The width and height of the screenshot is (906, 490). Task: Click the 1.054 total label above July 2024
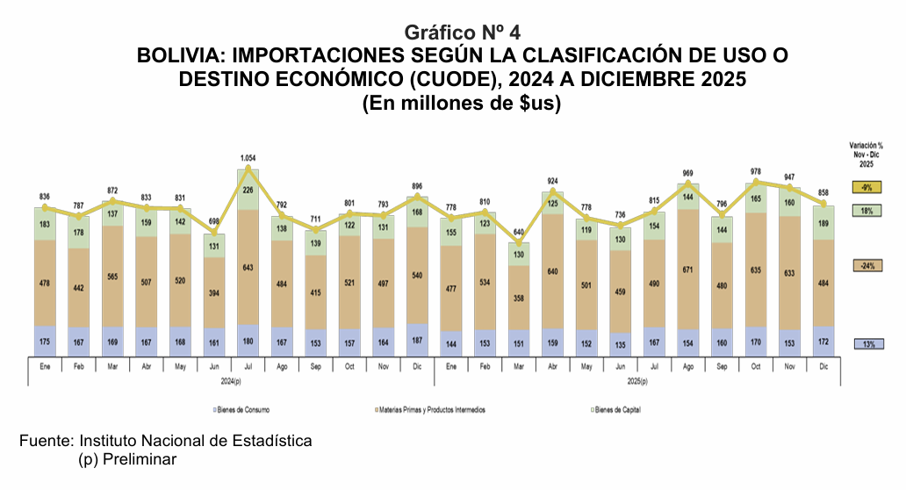click(x=248, y=158)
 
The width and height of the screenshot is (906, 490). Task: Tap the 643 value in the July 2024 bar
click(x=248, y=267)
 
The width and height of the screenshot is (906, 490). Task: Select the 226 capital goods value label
click(x=248, y=189)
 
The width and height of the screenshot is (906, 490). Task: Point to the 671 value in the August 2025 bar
click(x=687, y=268)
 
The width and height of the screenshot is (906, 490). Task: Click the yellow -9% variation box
click(x=866, y=187)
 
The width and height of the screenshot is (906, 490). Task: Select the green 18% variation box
click(x=866, y=211)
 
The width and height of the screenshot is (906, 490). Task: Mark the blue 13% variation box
click(x=866, y=343)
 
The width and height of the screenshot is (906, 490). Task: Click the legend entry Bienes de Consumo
click(x=242, y=410)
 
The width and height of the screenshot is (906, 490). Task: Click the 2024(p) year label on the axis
click(x=233, y=381)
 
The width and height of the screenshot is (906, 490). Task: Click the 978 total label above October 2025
click(x=755, y=172)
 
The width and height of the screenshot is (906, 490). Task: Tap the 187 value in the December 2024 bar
click(x=417, y=340)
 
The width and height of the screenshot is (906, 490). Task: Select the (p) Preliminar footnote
click(x=126, y=459)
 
